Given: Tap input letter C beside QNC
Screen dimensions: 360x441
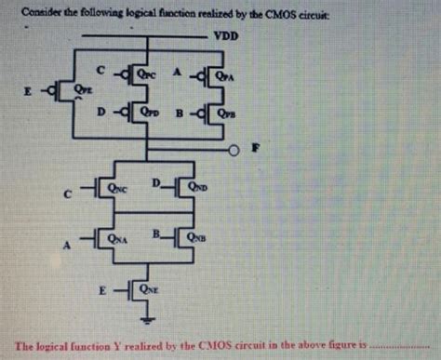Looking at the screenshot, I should (x=64, y=196).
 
